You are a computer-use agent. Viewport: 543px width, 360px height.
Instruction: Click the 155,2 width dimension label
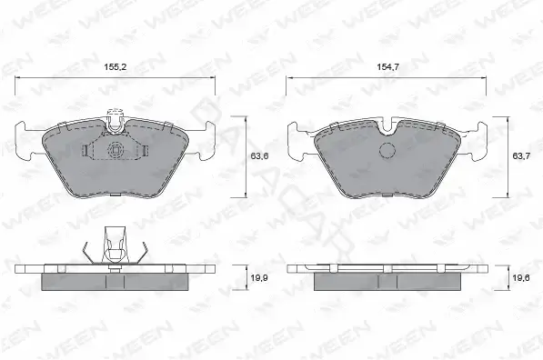click(116, 67)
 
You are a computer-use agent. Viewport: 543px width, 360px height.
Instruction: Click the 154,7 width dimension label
click(388, 67)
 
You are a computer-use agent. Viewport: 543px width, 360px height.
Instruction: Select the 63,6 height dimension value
click(259, 156)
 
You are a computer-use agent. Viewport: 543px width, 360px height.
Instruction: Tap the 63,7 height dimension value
click(521, 156)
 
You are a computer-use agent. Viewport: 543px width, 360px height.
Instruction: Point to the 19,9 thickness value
click(259, 277)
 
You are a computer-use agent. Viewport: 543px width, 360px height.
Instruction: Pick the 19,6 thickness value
click(521, 277)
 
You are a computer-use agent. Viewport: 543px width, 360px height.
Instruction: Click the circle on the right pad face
click(387, 150)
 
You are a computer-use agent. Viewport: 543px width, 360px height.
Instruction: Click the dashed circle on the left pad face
click(115, 150)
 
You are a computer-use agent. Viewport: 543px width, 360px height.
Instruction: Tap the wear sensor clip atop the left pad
click(116, 121)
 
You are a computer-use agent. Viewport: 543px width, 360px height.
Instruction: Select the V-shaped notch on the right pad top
click(387, 127)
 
